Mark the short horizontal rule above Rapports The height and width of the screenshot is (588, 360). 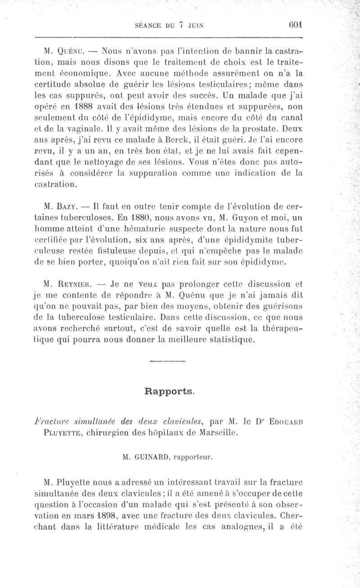[x=167, y=361]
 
